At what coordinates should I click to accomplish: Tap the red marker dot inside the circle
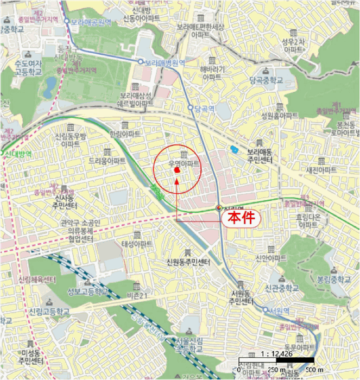[x=177, y=170]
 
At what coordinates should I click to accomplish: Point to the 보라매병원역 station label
[x=165, y=62]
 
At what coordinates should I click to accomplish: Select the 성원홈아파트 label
[x=280, y=116]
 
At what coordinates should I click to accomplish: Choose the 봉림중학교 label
[x=333, y=279]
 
